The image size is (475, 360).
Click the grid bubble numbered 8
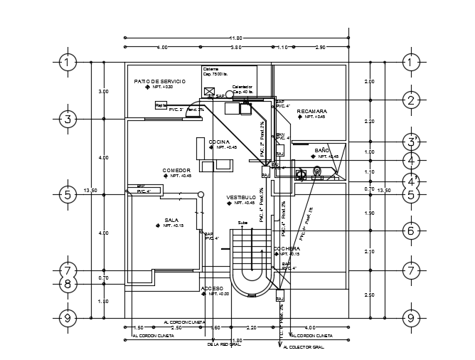pos(67,285)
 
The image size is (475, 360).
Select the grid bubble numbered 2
pos(410,100)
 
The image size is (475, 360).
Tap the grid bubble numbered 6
pos(410,231)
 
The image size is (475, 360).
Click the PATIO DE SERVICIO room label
pos(159,82)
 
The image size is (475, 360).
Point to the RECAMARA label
pos(311,111)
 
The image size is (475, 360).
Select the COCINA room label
pos(219,142)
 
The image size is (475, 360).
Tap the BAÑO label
pos(322,151)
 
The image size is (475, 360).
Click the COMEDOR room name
pos(176,170)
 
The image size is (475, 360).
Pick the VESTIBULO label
pos(241,197)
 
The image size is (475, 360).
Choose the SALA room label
pos(171,220)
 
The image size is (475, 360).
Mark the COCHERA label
pos(287,249)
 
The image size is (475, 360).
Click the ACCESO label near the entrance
pos(212,288)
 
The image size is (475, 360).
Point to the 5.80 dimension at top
pos(237,47)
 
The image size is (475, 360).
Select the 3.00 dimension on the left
pos(104,91)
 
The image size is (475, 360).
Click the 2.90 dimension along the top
pos(320,47)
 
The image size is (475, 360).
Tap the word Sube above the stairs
pos(243,222)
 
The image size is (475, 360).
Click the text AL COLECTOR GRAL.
pos(304,347)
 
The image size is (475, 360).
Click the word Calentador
pos(242,87)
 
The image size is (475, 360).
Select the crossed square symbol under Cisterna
pos(209,91)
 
